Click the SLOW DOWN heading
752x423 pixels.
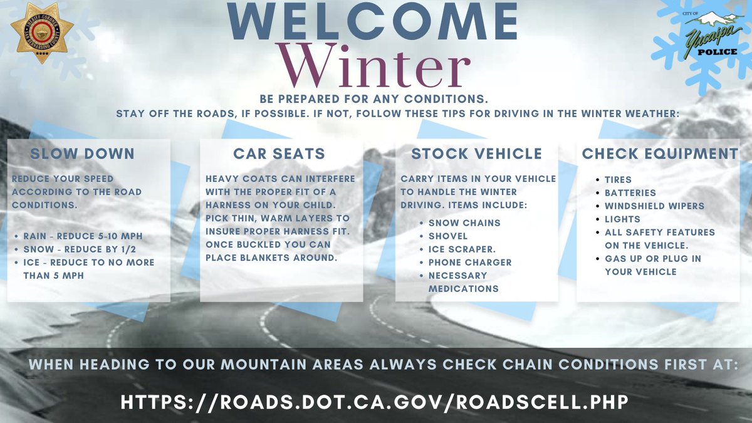pyautogui.click(x=82, y=154)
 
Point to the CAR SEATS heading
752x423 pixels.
pyautogui.click(x=279, y=154)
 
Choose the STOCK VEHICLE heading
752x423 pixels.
pyautogui.click(x=476, y=154)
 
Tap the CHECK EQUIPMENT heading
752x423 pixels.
pyautogui.click(x=660, y=154)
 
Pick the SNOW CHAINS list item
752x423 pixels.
pyautogui.click(x=464, y=223)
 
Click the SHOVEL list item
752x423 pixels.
pyautogui.click(x=447, y=236)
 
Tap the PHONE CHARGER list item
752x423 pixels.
pyautogui.click(x=470, y=263)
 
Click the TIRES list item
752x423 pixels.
pyautogui.click(x=618, y=180)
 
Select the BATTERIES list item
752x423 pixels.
pyautogui.click(x=630, y=193)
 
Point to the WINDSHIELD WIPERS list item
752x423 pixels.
pyautogui.click(x=654, y=206)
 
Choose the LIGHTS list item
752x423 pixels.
pyautogui.click(x=622, y=219)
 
